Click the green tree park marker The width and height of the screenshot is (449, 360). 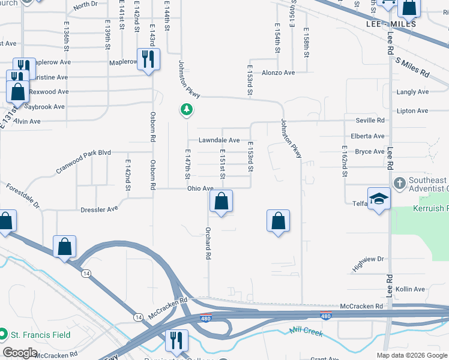tap(187, 109)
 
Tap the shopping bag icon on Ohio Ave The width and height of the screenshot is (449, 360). tap(221, 202)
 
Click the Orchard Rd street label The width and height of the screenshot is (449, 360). tap(208, 244)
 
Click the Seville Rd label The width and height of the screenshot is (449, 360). tap(370, 121)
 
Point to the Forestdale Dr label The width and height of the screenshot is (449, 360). tap(23, 196)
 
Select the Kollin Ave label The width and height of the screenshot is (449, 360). tap(411, 289)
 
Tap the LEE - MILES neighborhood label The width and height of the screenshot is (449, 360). tap(391, 23)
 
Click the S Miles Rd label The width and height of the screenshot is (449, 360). tap(412, 67)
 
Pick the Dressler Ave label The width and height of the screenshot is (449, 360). tap(99, 209)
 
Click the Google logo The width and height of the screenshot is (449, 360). tap(20, 353)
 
